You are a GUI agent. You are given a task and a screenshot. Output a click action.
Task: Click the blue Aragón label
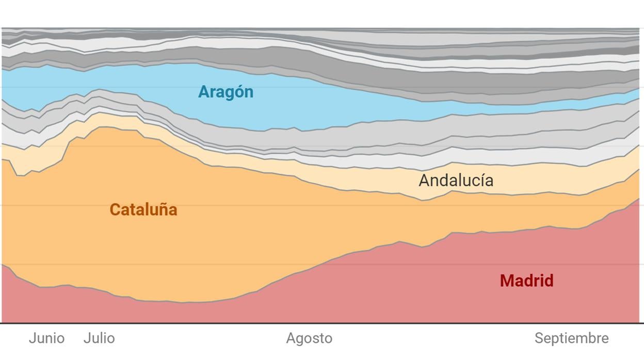(x=226, y=92)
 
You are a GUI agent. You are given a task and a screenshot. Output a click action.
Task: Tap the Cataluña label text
(x=143, y=209)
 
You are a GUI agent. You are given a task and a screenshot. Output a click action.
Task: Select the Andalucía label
(x=456, y=181)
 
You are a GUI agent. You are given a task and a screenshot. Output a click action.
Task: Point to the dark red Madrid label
(x=526, y=281)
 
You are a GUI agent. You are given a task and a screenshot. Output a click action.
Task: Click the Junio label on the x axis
(x=46, y=338)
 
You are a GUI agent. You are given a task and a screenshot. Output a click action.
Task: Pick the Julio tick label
(x=99, y=338)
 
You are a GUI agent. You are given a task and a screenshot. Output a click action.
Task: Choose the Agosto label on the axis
(x=309, y=338)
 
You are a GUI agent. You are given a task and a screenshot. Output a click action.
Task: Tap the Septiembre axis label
(x=571, y=338)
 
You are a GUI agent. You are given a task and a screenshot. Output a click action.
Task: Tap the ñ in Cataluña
(x=164, y=209)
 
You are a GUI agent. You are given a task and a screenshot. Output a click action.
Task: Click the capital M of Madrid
(x=507, y=281)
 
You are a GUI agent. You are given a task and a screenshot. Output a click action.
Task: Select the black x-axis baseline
(x=322, y=323)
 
